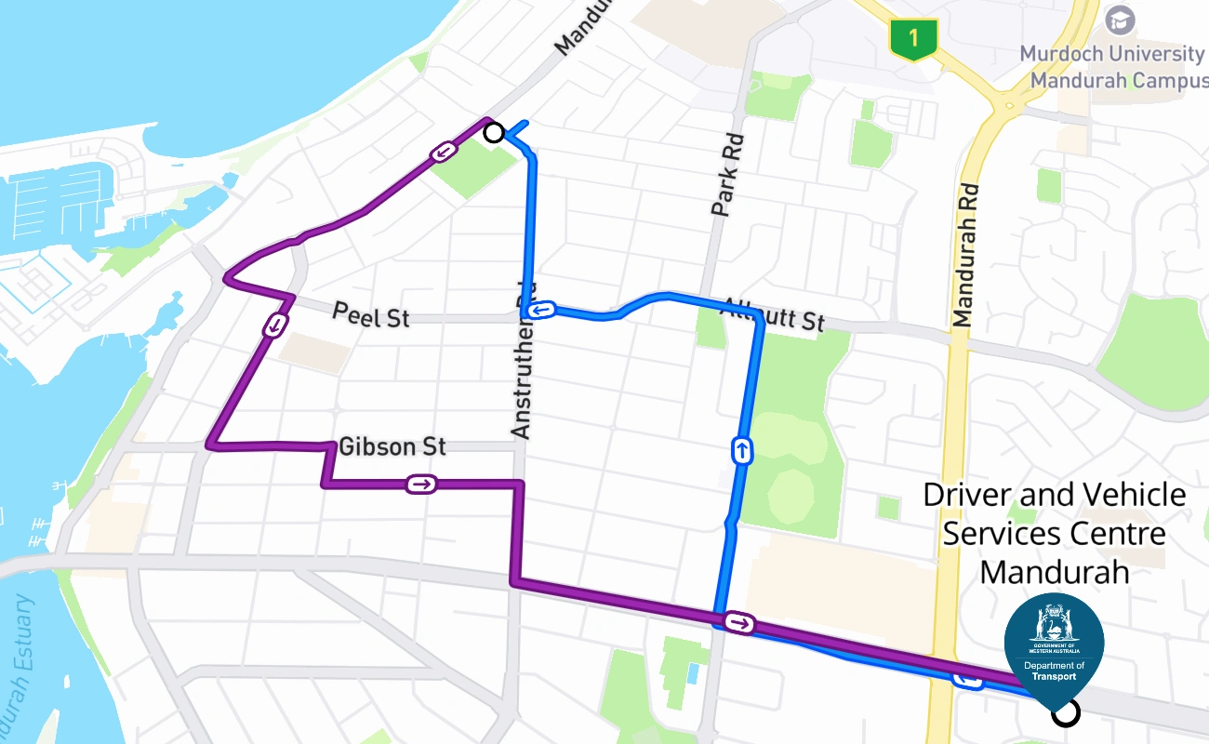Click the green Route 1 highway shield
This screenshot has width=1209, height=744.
914,39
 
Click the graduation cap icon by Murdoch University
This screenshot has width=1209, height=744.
1120,20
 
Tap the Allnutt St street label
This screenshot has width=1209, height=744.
774,314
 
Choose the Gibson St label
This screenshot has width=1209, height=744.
392,446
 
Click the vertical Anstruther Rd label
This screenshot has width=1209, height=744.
522,362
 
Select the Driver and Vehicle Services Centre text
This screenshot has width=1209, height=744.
1055,533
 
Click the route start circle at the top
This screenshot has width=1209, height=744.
495,133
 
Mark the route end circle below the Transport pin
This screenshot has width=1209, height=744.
1066,713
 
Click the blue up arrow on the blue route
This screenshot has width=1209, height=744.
742,451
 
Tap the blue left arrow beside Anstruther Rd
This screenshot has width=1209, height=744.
541,309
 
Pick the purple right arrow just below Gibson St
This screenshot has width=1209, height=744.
421,484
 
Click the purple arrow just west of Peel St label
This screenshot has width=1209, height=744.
275,325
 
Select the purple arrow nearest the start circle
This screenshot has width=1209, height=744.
444,151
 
